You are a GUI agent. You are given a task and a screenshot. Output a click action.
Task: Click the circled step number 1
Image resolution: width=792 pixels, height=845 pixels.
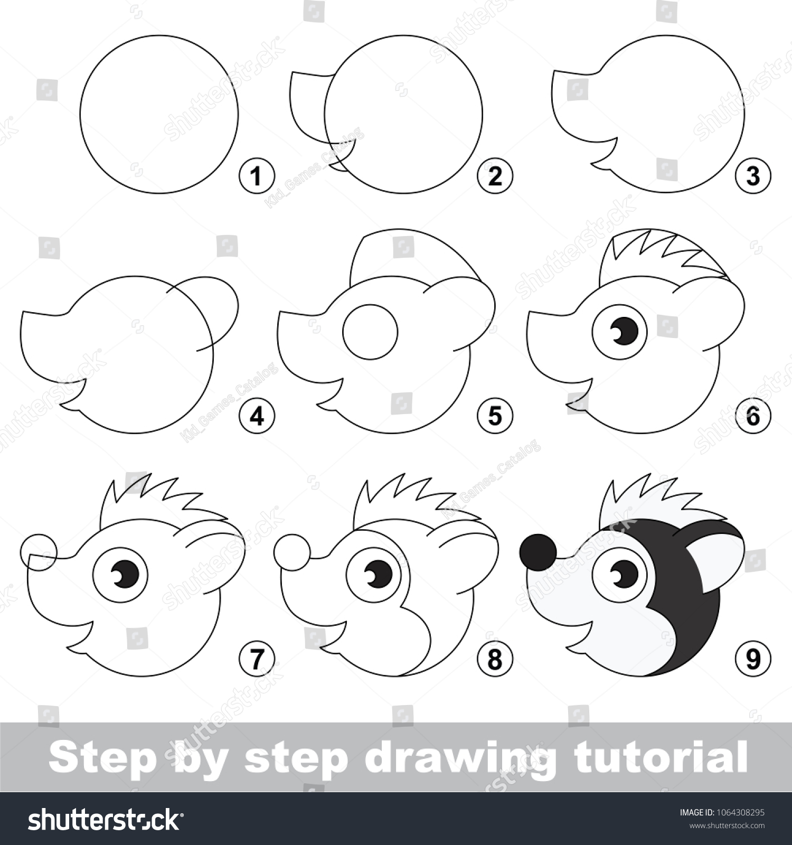click(x=257, y=175)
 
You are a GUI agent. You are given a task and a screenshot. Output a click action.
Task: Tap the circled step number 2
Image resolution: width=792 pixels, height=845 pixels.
click(x=495, y=175)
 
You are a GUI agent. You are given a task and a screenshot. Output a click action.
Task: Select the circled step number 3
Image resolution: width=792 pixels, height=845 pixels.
click(x=753, y=175)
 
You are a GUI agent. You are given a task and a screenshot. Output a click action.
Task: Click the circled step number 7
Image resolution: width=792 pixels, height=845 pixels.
click(x=257, y=659)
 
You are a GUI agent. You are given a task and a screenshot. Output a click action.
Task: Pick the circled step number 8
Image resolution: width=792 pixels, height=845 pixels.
click(x=495, y=659)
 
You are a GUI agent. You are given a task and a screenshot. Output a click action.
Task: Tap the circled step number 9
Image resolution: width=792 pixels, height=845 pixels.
click(x=753, y=659)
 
